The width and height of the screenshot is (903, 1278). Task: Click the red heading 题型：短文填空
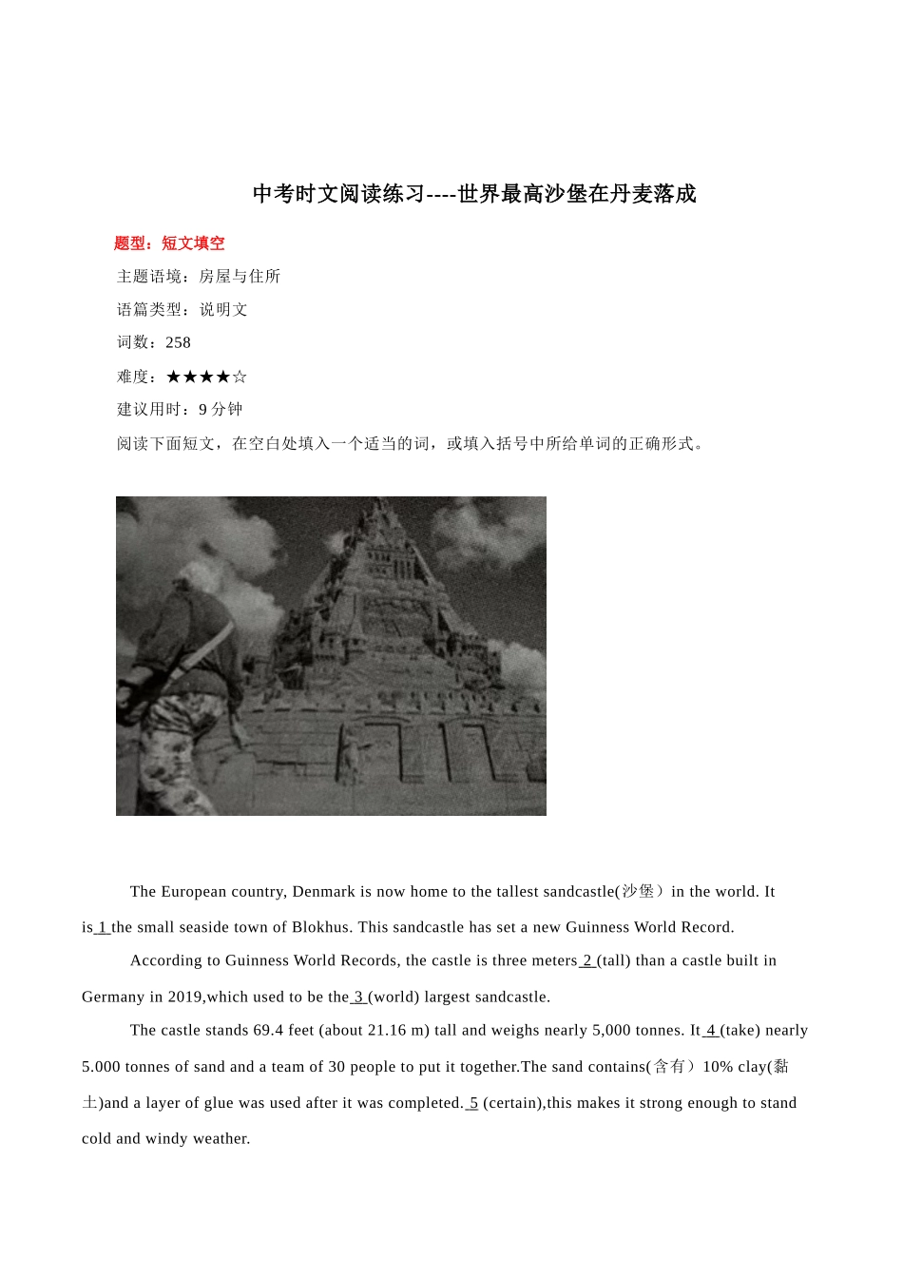click(169, 243)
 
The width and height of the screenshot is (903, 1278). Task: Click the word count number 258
click(179, 342)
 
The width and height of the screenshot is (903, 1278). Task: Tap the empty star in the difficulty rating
click(240, 377)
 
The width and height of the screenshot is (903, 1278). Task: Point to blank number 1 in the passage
click(103, 927)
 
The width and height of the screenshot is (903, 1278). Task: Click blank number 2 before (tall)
click(587, 960)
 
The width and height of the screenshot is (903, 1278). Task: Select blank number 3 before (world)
click(358, 997)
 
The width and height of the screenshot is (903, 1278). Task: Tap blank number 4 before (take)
click(711, 1031)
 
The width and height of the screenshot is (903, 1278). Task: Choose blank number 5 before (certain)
click(473, 1103)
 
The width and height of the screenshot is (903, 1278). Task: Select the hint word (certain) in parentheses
click(513, 1103)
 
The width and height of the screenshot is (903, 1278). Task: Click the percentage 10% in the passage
click(718, 1067)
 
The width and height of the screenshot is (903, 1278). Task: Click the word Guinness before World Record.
click(604, 927)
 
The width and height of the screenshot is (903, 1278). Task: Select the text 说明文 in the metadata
click(223, 310)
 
